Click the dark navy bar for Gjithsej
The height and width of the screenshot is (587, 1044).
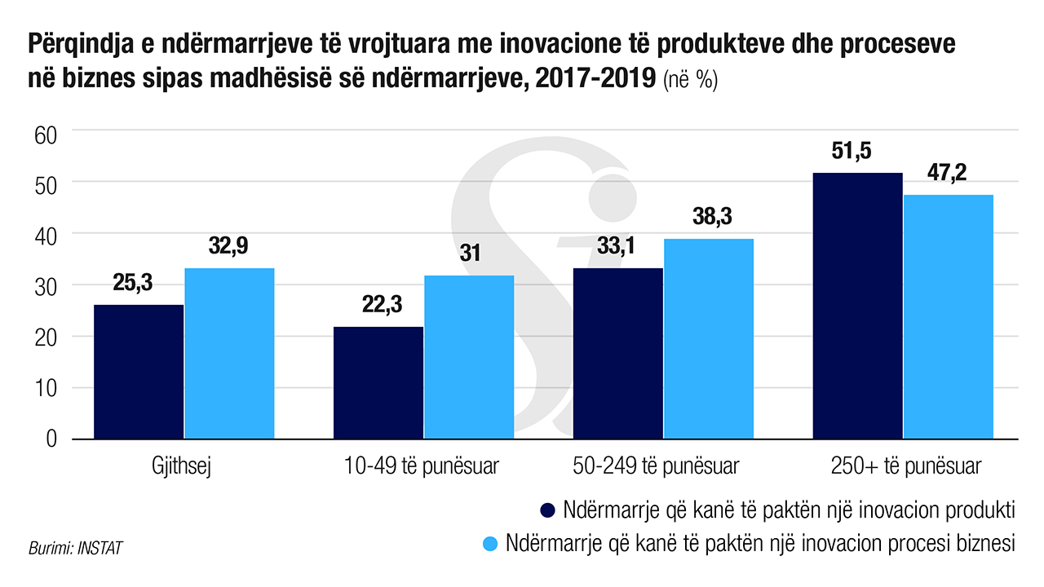click(x=139, y=372)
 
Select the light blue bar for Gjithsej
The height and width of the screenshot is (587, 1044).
click(x=229, y=354)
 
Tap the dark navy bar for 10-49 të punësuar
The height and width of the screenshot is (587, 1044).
click(x=378, y=383)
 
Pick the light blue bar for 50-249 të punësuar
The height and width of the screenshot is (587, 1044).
click(x=708, y=339)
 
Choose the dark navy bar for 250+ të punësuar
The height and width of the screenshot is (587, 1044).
click(x=857, y=306)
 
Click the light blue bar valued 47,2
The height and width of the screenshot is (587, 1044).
click(x=948, y=317)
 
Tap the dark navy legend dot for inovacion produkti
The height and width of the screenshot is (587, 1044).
click(x=548, y=510)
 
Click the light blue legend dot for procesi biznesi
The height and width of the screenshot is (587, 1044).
click(x=490, y=542)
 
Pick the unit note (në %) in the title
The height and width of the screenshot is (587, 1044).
click(x=690, y=82)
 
